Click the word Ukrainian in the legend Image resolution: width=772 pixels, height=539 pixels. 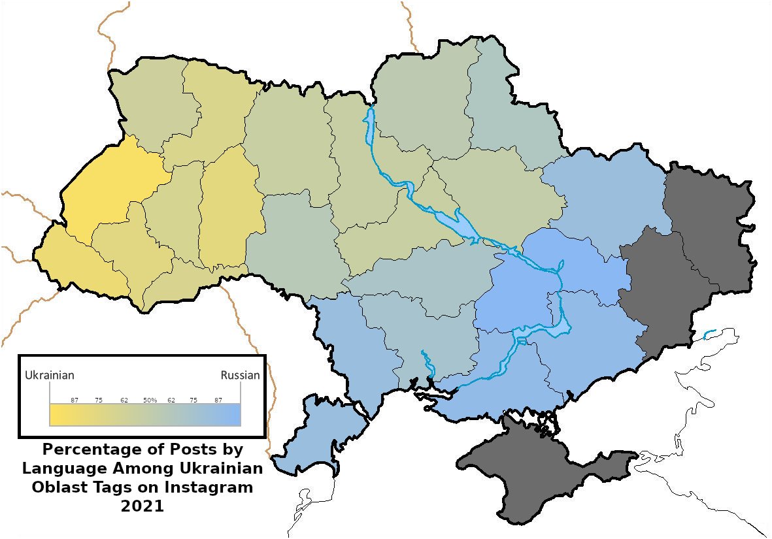click(x=49, y=376)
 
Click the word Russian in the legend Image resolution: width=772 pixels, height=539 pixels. click(x=240, y=376)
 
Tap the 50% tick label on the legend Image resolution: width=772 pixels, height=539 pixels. click(x=150, y=400)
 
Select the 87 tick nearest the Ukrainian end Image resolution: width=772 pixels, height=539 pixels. click(x=75, y=400)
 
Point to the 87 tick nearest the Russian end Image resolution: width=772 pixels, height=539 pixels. click(x=218, y=400)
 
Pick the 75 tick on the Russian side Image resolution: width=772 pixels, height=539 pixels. click(x=194, y=400)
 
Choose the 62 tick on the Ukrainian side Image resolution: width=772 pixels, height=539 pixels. click(x=124, y=400)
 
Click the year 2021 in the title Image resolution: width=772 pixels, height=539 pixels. click(x=143, y=506)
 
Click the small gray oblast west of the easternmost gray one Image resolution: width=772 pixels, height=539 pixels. click(x=654, y=287)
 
